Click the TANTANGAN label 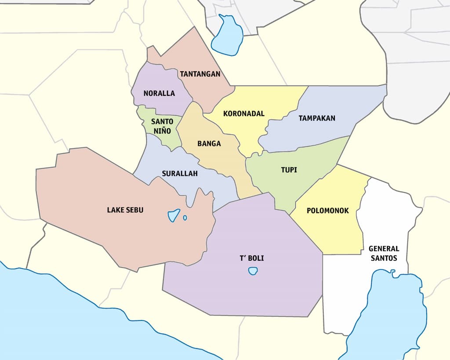coord(200,74)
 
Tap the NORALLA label coord(159,93)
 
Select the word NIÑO coord(162,130)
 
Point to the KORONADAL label coord(244,113)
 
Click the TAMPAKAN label coord(317,118)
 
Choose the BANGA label coord(209,143)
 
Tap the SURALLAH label coord(180,173)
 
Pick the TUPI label coord(289,169)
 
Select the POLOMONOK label coord(328,211)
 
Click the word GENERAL coord(384,249)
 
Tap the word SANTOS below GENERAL coord(384,258)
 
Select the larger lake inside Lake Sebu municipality coord(174,215)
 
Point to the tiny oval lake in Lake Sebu coord(185,218)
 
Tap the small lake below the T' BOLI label coord(253,271)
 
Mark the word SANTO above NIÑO coord(162,121)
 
